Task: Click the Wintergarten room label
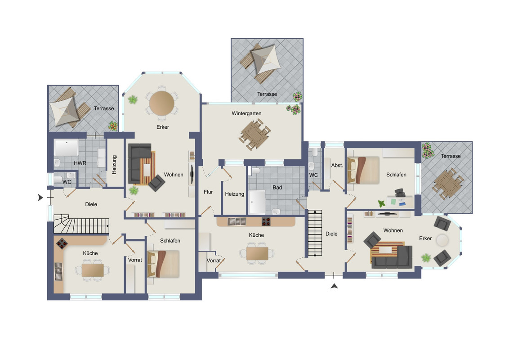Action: pyautogui.click(x=246, y=113)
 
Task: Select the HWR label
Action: pyautogui.click(x=80, y=163)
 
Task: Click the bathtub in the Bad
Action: pyautogui.click(x=257, y=202)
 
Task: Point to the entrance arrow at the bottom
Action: pyautogui.click(x=334, y=286)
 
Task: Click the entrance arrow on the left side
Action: pyautogui.click(x=40, y=197)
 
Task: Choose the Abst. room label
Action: pyautogui.click(x=337, y=166)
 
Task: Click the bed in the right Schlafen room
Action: pyautogui.click(x=363, y=170)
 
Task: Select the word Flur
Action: pyautogui.click(x=208, y=192)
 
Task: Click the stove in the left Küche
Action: pyautogui.click(x=61, y=243)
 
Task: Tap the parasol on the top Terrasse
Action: pyautogui.click(x=266, y=59)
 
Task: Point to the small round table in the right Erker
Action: pyautogui.click(x=442, y=240)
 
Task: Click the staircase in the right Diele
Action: pyautogui.click(x=315, y=233)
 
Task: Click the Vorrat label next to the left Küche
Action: pyautogui.click(x=135, y=260)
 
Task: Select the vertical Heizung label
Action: pyautogui.click(x=114, y=165)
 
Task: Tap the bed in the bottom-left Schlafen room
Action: pyautogui.click(x=163, y=264)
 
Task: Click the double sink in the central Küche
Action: pyautogui.click(x=237, y=221)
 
